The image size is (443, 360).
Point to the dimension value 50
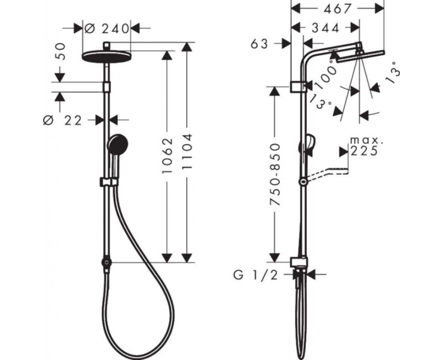61,52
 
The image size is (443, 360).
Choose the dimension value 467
338,8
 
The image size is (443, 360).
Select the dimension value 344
326,27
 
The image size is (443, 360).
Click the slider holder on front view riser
105,181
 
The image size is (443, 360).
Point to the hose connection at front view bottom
105,261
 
